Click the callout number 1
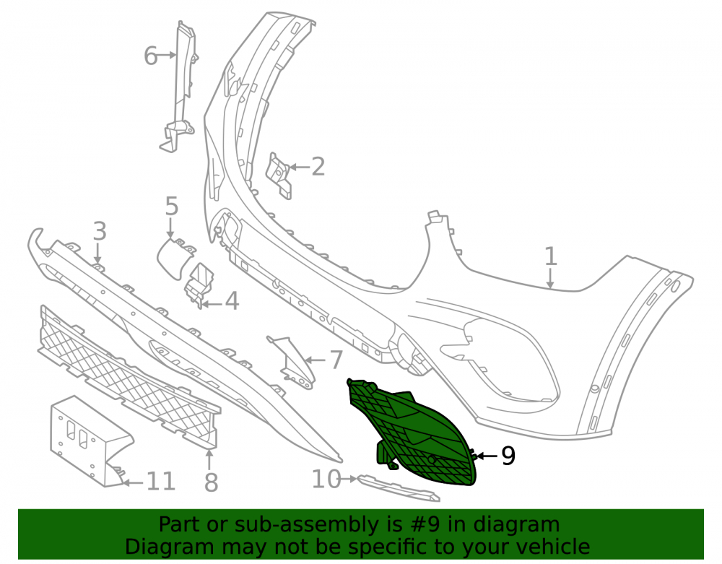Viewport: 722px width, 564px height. point(550,256)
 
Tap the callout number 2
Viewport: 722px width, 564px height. point(318,166)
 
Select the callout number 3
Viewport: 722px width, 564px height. point(100,231)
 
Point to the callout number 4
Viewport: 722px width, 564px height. point(232,302)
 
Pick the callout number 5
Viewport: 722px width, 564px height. point(171,206)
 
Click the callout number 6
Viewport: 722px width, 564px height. point(151,56)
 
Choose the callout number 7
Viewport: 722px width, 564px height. point(336,360)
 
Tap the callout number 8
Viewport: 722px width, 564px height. point(211,482)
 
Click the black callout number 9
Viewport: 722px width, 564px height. point(508,456)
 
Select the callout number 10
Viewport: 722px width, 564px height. point(326,479)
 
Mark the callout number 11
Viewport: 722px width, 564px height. point(161,482)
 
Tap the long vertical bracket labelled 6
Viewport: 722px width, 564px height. point(180,87)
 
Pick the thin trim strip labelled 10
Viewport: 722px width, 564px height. point(399,488)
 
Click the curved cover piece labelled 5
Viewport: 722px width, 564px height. point(175,258)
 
